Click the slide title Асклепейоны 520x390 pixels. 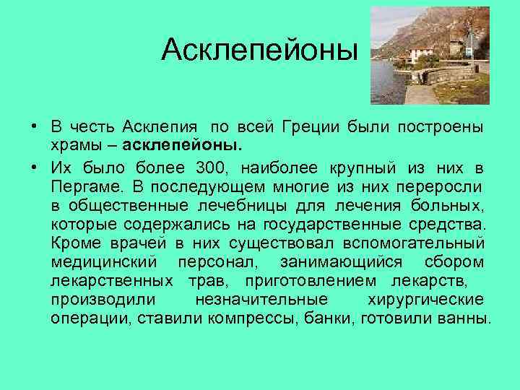[x=260, y=50]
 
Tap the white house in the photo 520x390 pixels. [x=420, y=55]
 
